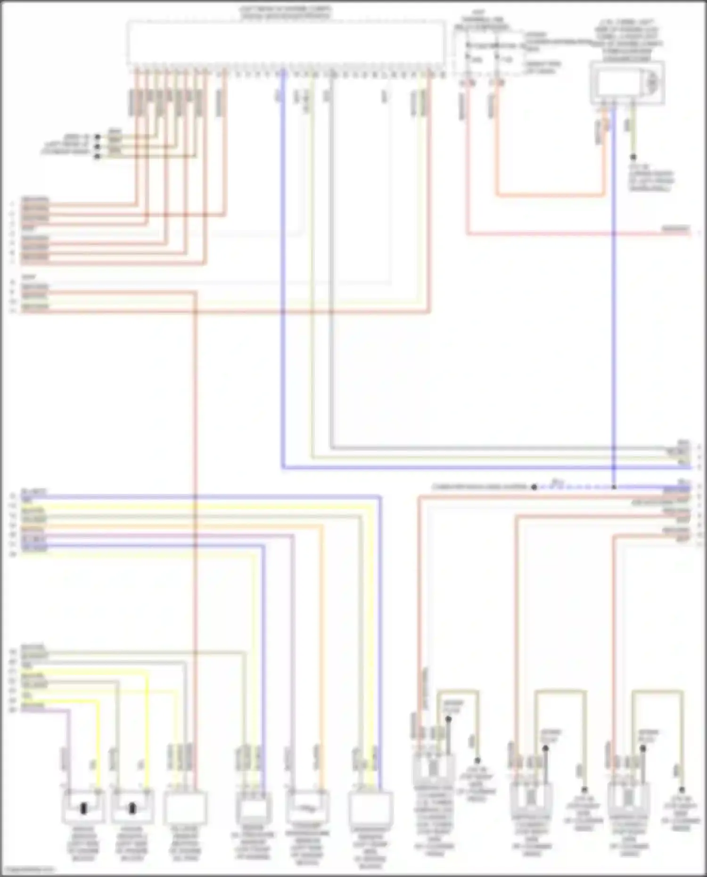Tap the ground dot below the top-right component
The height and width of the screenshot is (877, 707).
pos(633,157)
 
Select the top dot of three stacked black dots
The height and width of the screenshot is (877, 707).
pos(98,137)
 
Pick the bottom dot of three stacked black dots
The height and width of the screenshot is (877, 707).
pos(98,156)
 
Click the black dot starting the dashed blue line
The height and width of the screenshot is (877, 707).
pos(534,487)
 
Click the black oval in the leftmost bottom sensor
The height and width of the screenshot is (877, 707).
pos(84,809)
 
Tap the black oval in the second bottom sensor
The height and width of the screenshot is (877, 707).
pos(132,809)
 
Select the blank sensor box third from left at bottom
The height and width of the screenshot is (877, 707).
pos(185,807)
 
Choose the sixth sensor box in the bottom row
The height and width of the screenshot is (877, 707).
pos(370,807)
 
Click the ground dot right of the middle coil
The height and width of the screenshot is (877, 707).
pos(584,790)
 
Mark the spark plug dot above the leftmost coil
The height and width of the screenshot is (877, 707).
pos(448,719)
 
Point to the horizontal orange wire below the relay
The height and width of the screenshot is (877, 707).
pos(551,195)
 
